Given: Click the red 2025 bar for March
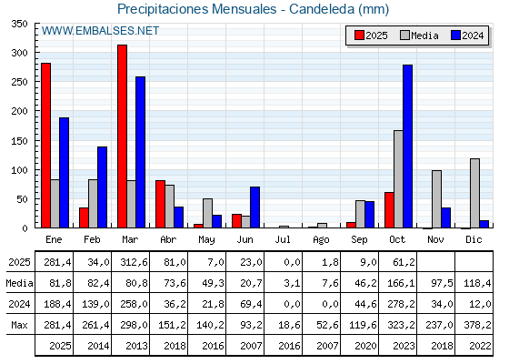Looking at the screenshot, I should pos(122,136).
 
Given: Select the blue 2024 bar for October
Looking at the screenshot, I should pos(407,147).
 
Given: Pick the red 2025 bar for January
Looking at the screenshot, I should pos(45,146).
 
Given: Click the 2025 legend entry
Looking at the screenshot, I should pos(371,35).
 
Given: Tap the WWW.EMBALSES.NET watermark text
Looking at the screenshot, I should pos(100,31).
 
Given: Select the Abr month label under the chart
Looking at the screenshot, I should pos(168,239).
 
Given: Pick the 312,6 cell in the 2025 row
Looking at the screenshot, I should pos(130,263).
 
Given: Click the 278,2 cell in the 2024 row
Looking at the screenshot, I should pos(398,304).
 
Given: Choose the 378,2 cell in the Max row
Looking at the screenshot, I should pos(474,325).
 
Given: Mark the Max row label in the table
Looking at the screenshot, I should pos(19,325).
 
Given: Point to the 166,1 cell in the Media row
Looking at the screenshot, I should pos(398,284).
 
